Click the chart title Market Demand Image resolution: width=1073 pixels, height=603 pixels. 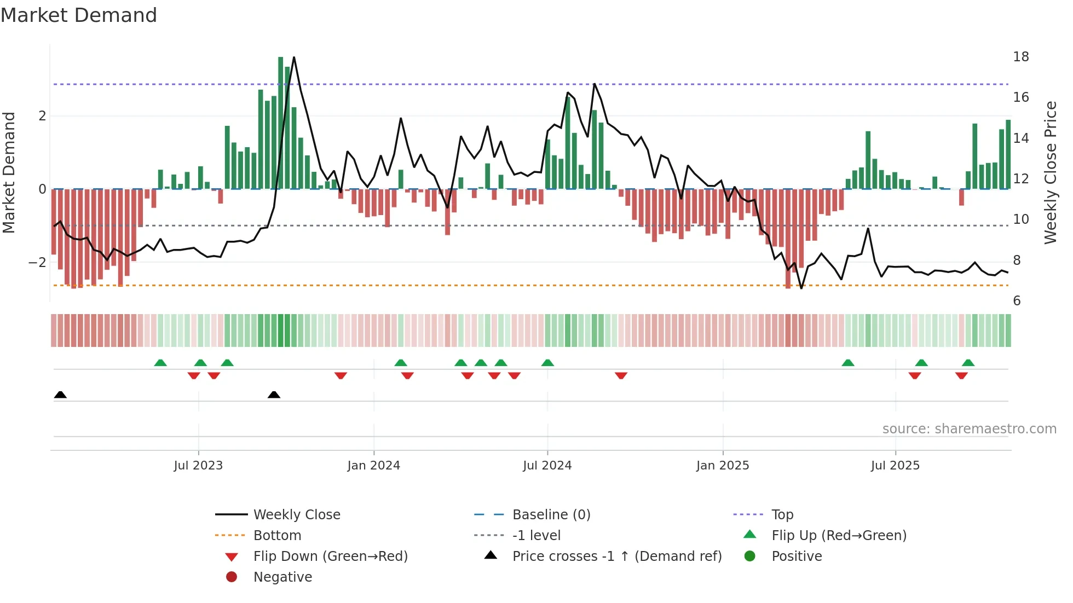tap(79, 15)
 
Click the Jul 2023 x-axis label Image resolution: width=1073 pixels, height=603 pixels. tap(198, 466)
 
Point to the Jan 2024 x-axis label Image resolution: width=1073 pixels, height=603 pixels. tap(373, 466)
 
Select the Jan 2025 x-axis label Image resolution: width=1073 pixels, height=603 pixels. tap(723, 466)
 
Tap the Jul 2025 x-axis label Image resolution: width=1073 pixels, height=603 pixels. tap(895, 466)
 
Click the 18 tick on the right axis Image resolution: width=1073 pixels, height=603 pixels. tap(1020, 57)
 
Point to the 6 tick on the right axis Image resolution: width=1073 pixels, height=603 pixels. tap(1017, 301)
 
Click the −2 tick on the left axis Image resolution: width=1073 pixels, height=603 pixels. tap(37, 263)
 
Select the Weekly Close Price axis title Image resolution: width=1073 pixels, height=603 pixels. tap(1050, 172)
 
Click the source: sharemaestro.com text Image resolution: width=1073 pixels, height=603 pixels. tap(969, 429)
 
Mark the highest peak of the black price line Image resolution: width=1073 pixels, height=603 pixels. tap(294, 57)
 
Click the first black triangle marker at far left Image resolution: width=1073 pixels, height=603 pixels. tap(60, 395)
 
